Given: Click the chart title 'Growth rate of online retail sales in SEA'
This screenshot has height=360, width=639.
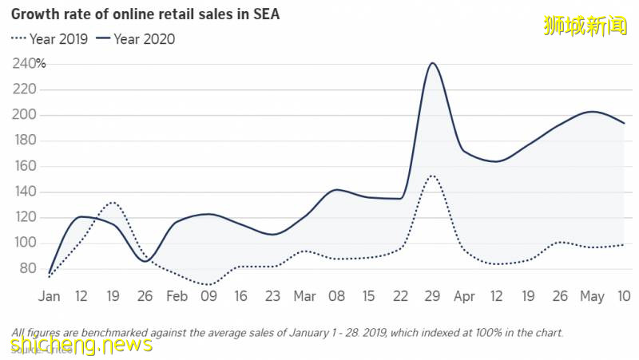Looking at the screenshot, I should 145,14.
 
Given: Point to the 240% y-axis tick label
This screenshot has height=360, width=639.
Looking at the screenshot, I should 29,64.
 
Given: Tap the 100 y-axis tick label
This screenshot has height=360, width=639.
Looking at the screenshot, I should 24,243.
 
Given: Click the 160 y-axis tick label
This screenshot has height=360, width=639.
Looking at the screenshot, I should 24,166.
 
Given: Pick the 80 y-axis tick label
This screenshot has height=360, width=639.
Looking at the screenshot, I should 27,268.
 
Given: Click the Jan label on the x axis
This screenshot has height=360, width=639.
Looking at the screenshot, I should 49,296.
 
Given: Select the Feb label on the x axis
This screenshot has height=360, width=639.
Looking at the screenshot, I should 177,296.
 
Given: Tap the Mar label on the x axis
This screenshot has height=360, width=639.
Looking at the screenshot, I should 304,296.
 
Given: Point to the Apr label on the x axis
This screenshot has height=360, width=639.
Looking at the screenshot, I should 464,296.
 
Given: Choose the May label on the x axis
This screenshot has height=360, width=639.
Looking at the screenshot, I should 591,296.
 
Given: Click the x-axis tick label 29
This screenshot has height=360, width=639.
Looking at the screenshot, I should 432,296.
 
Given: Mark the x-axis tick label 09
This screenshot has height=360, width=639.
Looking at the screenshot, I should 208,296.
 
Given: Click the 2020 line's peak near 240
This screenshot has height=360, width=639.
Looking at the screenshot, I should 432,63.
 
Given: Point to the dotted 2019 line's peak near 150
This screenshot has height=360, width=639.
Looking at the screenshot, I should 431,176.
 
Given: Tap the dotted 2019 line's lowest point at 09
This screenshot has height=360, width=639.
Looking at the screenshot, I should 208,284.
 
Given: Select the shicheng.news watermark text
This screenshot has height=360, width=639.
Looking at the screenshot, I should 81,345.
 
